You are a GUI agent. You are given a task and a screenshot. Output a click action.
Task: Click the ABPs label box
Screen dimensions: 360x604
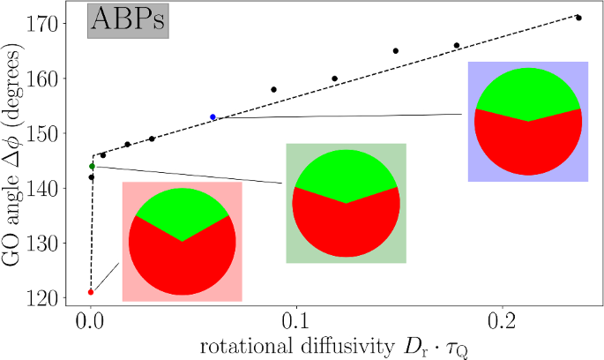tap(127, 22)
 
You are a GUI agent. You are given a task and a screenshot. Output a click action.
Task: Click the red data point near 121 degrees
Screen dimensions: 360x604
tap(91, 292)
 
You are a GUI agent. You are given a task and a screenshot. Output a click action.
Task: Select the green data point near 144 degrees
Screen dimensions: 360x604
tap(92, 166)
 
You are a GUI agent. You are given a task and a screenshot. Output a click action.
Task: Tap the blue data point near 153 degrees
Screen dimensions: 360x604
tap(213, 117)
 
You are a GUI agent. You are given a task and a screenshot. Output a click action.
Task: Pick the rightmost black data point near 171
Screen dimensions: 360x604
tap(578, 18)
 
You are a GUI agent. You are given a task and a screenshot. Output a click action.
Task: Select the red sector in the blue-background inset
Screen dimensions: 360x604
tap(528, 146)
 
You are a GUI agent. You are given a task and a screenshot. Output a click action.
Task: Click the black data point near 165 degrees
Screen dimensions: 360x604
tap(396, 51)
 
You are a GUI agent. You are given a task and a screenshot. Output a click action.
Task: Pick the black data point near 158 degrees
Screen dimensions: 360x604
tap(274, 90)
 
